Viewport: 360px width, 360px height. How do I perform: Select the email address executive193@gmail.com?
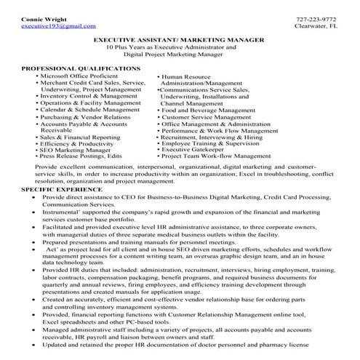point(49,25)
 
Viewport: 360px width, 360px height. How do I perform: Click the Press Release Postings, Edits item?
point(81,156)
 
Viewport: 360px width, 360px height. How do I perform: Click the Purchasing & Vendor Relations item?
point(86,117)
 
